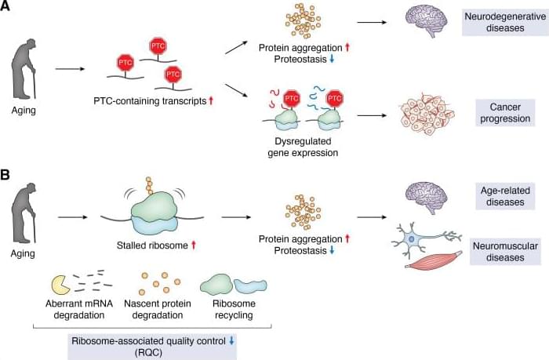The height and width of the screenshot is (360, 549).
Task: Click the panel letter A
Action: (x=7, y=7)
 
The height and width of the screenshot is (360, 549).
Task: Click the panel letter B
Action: (x=7, y=191)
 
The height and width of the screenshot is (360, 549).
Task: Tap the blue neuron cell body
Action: (x=410, y=236)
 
